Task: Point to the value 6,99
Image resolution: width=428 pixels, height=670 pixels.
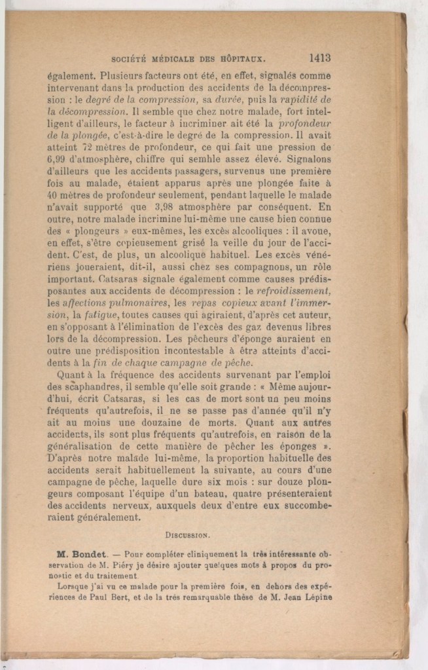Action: (x=59, y=160)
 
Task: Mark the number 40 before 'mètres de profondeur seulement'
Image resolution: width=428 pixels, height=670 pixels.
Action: (x=54, y=195)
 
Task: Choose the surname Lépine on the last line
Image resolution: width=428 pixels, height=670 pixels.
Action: (x=316, y=597)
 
